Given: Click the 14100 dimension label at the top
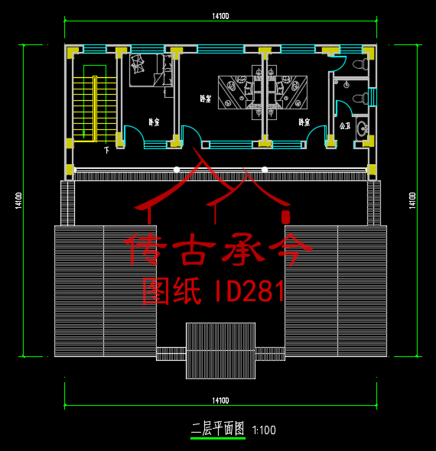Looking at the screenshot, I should (x=220, y=16).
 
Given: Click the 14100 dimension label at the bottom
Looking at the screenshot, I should (x=220, y=401).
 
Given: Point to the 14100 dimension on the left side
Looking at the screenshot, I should (x=18, y=200).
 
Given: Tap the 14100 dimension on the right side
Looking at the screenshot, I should (x=412, y=200).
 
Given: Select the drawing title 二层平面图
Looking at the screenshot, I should (x=217, y=430).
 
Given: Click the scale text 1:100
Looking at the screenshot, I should (x=263, y=430).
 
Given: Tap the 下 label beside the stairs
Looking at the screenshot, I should (x=106, y=150).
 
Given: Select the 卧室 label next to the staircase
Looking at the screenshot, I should (x=154, y=122).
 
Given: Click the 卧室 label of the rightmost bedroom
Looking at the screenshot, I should (x=304, y=122).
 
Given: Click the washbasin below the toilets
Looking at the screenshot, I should (x=362, y=128).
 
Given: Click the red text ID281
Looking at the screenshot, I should (x=246, y=291).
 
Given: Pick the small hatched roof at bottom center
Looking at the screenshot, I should (x=220, y=350).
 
